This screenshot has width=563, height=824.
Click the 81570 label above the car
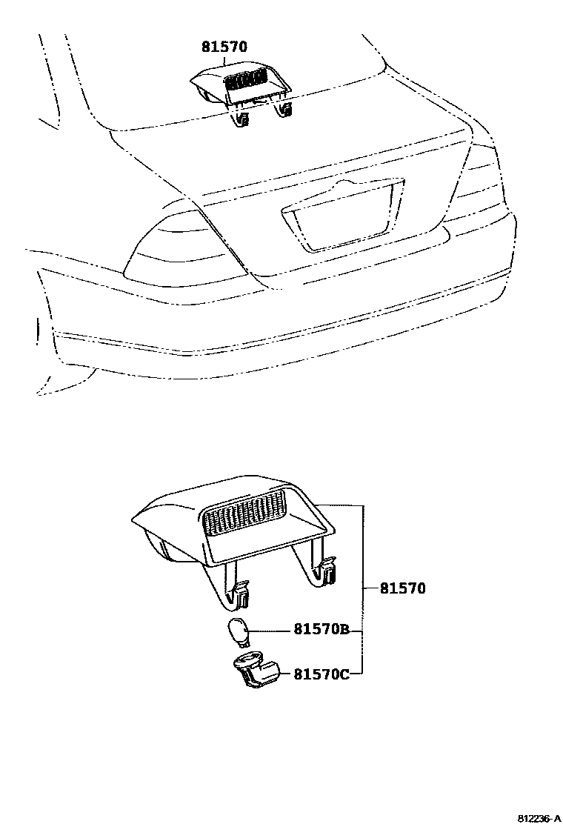pyautogui.click(x=224, y=47)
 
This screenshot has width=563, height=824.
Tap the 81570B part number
pyautogui.click(x=322, y=631)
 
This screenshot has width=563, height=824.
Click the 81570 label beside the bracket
pyautogui.click(x=403, y=589)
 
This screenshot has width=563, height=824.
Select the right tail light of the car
pyautogui.click(x=478, y=182)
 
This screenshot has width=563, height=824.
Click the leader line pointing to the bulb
pyautogui.click(x=270, y=631)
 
